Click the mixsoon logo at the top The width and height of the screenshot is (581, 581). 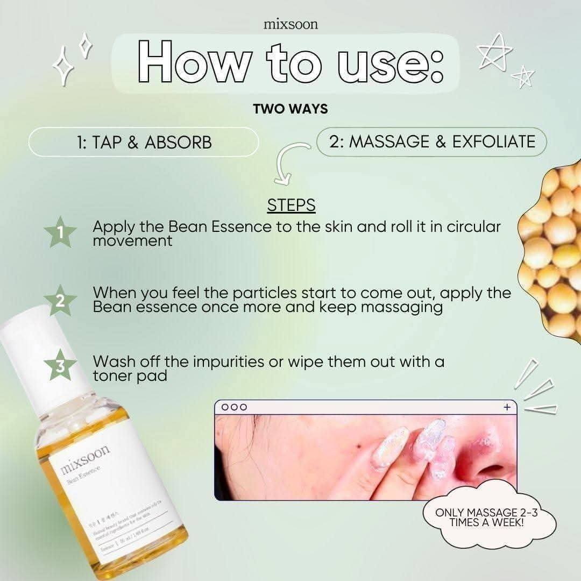pos(290,24)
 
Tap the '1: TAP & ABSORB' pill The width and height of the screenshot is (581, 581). pos(143,142)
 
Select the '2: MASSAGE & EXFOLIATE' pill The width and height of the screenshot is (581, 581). pos(431,141)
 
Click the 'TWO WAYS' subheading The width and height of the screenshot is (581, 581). pos(290,109)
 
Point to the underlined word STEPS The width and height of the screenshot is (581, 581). pos(291,206)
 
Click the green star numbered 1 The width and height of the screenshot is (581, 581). pos(60,232)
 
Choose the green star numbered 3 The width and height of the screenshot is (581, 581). pos(60,366)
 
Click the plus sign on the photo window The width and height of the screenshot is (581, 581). pos(506,407)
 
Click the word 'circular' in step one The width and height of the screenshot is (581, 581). pos(467,226)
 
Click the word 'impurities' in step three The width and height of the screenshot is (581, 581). pos(220,361)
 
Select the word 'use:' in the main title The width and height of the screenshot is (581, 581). pos(388,64)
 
